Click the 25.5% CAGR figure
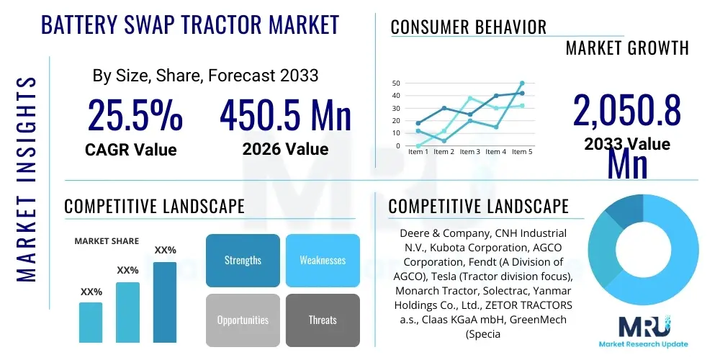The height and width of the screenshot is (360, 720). [135, 115]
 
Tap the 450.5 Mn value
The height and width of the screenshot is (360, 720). [285, 115]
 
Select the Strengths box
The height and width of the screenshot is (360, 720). [243, 260]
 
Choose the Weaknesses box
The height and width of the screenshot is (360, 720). [323, 260]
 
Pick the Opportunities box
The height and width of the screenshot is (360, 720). [243, 320]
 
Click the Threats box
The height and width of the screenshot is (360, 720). [323, 320]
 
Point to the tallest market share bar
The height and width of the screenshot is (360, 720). [165, 302]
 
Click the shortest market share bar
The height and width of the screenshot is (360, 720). [91, 322]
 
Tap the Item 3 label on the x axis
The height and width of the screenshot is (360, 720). [470, 152]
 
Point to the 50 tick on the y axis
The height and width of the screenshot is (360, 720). [396, 84]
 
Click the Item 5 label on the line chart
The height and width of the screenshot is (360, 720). [522, 152]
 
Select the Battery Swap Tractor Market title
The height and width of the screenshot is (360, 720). [190, 25]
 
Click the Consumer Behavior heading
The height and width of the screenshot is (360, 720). [469, 27]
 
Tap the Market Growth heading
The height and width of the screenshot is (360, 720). [627, 48]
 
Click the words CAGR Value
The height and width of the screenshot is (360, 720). [130, 150]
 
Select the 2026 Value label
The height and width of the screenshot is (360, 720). [285, 150]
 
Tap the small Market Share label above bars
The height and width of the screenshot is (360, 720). [107, 241]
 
